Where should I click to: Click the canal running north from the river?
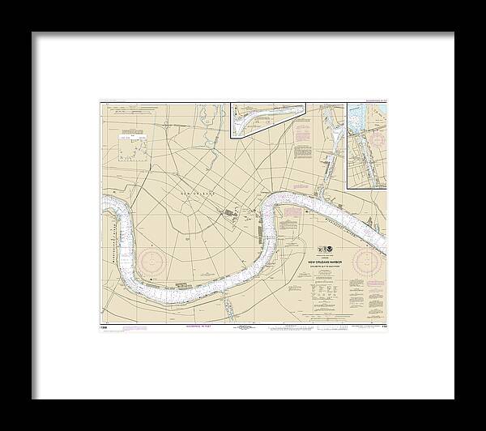tap(327, 174)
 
